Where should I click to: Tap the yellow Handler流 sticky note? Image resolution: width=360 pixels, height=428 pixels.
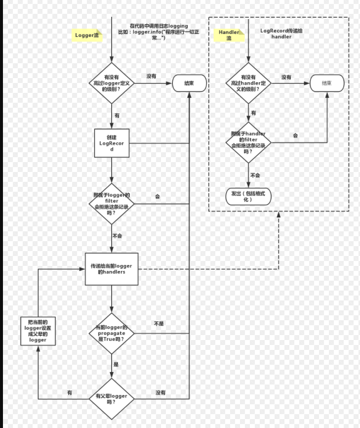pos(229,35)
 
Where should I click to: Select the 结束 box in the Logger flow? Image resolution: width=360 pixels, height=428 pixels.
pos(189,84)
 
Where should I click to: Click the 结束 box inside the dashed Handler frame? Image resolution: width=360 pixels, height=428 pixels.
pos(326,84)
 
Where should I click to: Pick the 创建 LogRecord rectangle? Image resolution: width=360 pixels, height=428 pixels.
pos(112,143)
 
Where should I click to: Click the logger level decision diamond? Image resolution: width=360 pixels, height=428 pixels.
pos(112,83)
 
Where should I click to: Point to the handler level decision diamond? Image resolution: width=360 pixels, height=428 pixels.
pos(249,84)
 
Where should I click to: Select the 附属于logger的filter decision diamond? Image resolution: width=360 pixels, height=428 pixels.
pos(112,204)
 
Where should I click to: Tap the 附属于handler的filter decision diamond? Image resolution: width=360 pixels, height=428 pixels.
pos(248,142)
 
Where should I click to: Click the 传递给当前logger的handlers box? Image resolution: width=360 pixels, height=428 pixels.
pos(112,269)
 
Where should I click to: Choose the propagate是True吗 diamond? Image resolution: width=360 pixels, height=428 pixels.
pos(112,334)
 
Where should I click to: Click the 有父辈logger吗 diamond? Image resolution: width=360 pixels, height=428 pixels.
pos(112,399)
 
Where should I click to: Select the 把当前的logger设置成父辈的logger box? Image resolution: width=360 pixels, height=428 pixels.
pos(38,331)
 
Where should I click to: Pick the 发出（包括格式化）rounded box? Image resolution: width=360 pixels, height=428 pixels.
pos(248,196)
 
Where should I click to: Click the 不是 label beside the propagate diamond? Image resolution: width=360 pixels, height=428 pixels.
pos(159,324)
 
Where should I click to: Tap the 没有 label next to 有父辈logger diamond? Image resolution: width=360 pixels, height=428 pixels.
pos(160,392)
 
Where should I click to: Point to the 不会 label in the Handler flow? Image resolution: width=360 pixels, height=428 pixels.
pos(255,175)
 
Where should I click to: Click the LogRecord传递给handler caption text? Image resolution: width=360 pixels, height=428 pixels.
pos(281,34)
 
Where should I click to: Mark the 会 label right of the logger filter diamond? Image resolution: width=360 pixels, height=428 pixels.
pos(158,197)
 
